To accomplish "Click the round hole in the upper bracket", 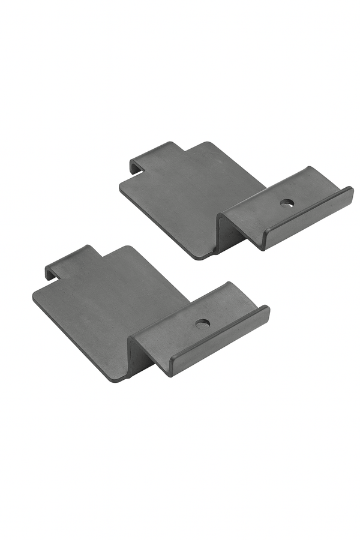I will pos(287,203).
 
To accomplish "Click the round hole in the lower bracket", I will pos(203,323).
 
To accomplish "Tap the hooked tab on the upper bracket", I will pos(153,154).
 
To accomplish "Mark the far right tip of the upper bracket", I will pos(352,191).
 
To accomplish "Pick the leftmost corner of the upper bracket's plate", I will pos(120,185).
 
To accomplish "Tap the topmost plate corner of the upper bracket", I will pos(207,143).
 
